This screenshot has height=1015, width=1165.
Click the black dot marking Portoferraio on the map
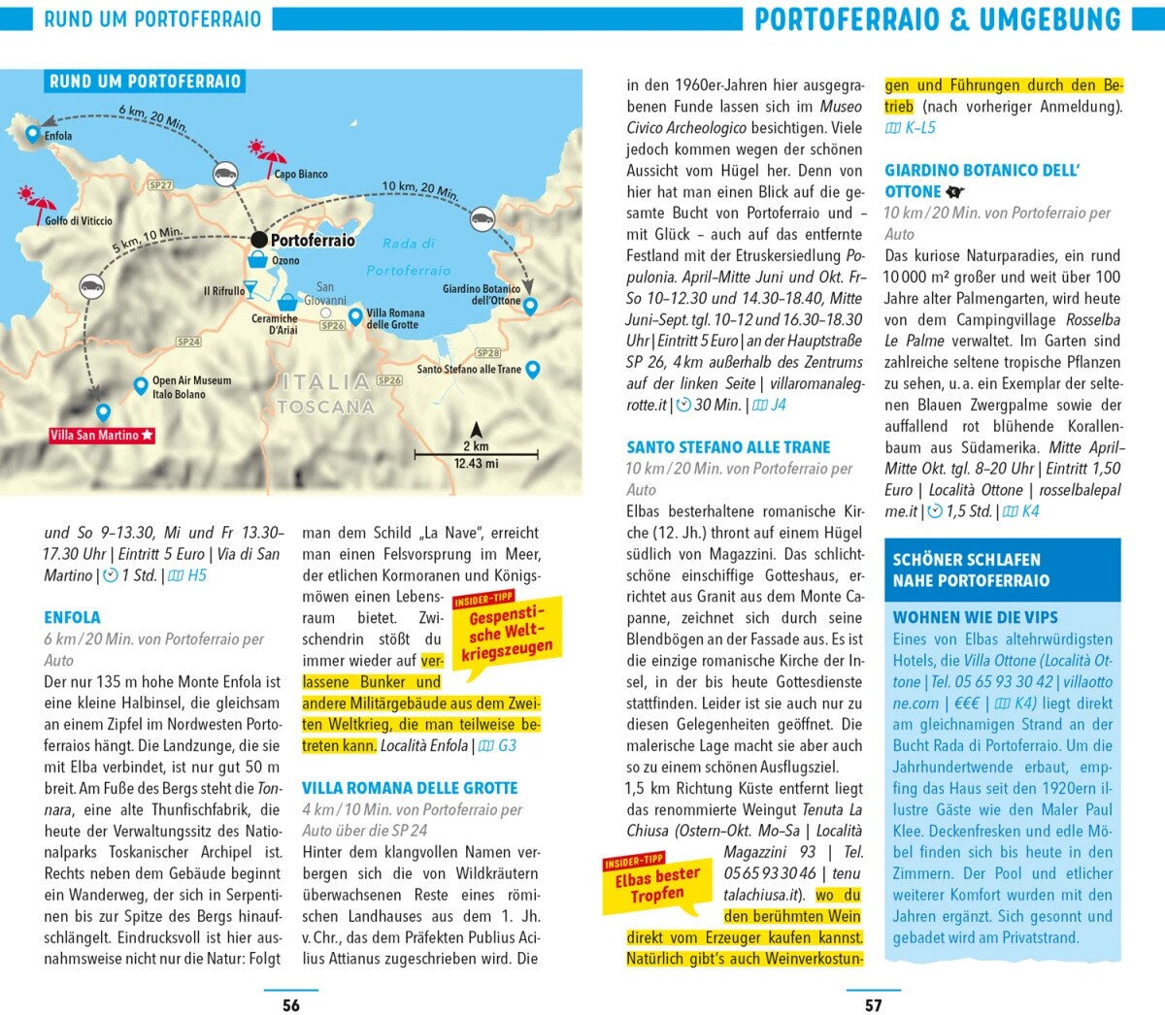coord(258,240)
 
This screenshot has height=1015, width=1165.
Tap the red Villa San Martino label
coord(102,436)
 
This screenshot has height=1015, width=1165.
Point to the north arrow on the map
coord(476,430)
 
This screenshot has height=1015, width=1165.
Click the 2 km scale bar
coord(476,452)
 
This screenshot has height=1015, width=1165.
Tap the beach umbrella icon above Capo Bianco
coord(269,154)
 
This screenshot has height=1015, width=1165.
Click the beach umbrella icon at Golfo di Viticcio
coord(38,201)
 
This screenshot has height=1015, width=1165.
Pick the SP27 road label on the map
coord(160,185)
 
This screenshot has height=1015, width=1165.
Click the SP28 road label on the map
coord(488,353)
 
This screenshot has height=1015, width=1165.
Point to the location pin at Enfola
coord(33,134)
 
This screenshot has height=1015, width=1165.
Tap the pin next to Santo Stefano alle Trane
coord(532,369)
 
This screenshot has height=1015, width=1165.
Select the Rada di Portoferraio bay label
coord(409,257)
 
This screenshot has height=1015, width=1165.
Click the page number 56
coord(291,1005)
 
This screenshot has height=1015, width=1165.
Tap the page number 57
coord(874,1005)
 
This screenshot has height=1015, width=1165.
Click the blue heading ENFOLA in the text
coord(72,617)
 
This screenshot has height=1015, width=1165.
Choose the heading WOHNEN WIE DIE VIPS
coord(975,617)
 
